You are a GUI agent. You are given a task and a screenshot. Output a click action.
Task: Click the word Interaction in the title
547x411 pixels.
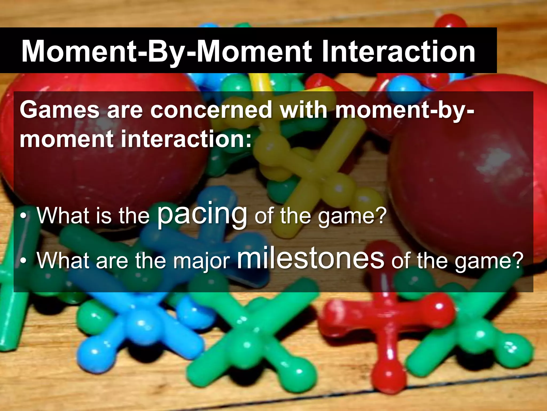pos(398,51)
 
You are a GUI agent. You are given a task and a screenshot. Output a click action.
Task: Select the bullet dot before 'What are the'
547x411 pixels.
pos(24,260)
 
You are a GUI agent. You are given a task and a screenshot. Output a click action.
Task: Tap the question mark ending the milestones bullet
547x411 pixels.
pos(517,260)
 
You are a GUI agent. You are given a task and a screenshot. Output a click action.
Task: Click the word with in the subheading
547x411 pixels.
pos(304,110)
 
